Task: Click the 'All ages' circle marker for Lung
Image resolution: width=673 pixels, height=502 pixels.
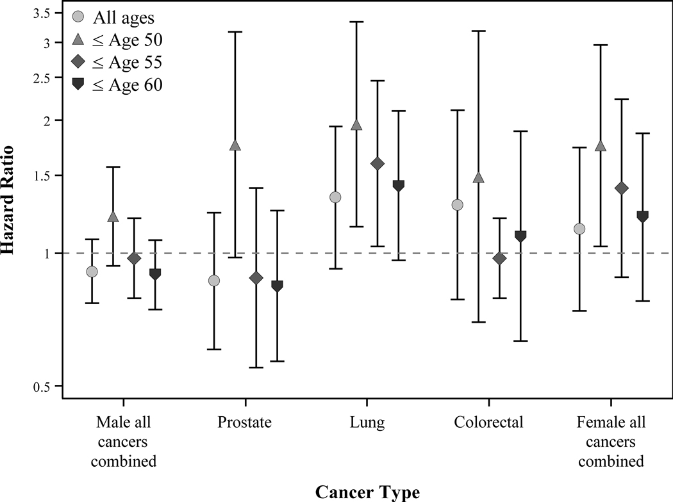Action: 335,197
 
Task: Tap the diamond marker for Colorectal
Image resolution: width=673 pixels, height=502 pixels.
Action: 499,258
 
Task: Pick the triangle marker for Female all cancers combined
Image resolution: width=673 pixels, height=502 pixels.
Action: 601,146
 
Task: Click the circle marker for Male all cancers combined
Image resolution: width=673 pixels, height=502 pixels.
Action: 92,271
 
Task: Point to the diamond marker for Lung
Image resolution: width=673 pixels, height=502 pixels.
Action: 377,163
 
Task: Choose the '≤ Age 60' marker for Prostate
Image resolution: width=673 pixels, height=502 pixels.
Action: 277,286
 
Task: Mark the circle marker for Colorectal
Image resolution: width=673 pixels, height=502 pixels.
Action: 458,205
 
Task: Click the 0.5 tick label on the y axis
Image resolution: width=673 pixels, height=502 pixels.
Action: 44,386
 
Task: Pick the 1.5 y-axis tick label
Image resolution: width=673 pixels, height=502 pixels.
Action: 44,175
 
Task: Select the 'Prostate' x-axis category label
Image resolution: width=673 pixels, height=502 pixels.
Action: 244,423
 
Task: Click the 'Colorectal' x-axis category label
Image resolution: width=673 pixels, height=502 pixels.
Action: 488,423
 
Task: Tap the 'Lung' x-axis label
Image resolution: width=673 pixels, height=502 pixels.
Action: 367,423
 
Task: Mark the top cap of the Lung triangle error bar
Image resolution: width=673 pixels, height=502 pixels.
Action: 356,22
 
